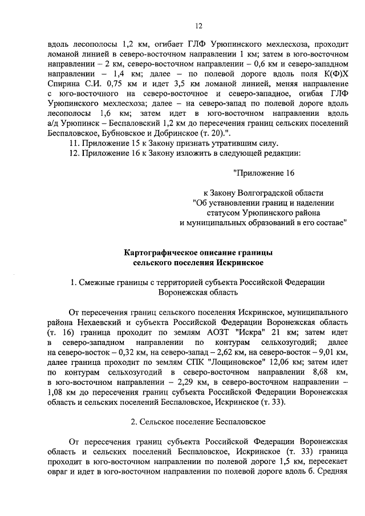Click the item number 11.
point(74,143)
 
